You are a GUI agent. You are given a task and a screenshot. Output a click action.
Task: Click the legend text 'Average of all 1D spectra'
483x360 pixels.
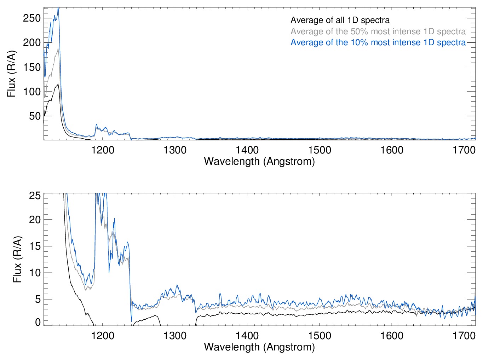pyautogui.click(x=340, y=21)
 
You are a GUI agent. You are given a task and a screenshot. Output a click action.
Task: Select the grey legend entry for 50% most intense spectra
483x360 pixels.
pyautogui.click(x=378, y=31)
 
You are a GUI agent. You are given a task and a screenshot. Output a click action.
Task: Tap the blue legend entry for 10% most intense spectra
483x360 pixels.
pyautogui.click(x=378, y=42)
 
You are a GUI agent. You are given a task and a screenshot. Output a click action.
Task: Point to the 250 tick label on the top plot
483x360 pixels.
pyautogui.click(x=32, y=18)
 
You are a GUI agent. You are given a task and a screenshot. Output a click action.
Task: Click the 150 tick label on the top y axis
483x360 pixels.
pyautogui.click(x=32, y=67)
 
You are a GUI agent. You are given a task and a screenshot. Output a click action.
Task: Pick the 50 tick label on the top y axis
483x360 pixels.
pyautogui.click(x=35, y=116)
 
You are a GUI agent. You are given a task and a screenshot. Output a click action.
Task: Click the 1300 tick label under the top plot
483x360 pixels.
pyautogui.click(x=175, y=150)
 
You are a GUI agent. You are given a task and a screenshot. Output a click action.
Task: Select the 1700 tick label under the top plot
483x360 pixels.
pyautogui.click(x=464, y=150)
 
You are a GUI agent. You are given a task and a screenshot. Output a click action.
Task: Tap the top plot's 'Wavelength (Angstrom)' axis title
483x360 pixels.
pyautogui.click(x=259, y=161)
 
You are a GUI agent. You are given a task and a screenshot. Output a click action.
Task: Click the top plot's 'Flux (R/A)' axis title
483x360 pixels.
pyautogui.click(x=11, y=74)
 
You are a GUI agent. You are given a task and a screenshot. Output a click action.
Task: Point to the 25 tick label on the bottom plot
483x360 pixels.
pyautogui.click(x=35, y=196)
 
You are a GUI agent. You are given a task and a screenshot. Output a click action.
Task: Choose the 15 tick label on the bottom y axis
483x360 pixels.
pyautogui.click(x=35, y=246)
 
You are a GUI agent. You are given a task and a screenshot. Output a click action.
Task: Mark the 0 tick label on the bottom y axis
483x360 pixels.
pyautogui.click(x=38, y=322)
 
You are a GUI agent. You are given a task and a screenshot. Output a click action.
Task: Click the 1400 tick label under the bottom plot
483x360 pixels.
pyautogui.click(x=247, y=335)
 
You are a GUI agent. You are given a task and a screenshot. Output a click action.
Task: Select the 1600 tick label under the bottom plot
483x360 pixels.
pyautogui.click(x=392, y=335)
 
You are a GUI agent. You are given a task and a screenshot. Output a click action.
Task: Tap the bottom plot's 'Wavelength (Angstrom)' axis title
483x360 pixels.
pyautogui.click(x=259, y=347)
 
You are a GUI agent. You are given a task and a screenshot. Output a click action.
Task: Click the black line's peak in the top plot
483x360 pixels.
pyautogui.click(x=58, y=84)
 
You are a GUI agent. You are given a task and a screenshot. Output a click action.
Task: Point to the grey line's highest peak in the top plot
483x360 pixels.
pyautogui.click(x=58, y=48)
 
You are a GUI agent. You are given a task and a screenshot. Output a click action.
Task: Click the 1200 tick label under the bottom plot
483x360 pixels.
pyautogui.click(x=103, y=335)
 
